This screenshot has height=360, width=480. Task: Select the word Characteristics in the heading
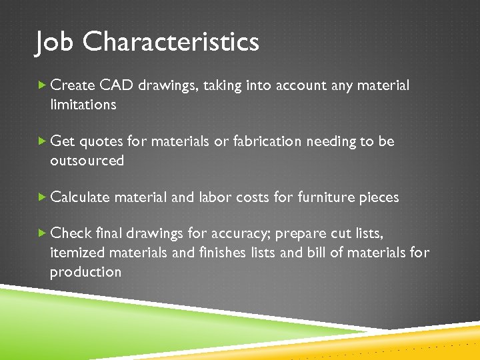coord(171,43)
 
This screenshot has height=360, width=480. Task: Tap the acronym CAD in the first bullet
coord(117,85)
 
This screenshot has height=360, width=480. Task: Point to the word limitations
coord(83,105)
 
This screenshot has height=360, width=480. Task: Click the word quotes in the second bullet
coord(101,141)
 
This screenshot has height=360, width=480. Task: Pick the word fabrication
coord(267,141)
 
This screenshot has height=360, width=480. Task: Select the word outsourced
coord(87,161)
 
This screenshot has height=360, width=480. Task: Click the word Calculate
coord(80,197)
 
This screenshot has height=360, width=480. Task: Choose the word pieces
coord(378,197)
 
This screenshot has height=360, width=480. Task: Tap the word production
coord(85,272)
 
